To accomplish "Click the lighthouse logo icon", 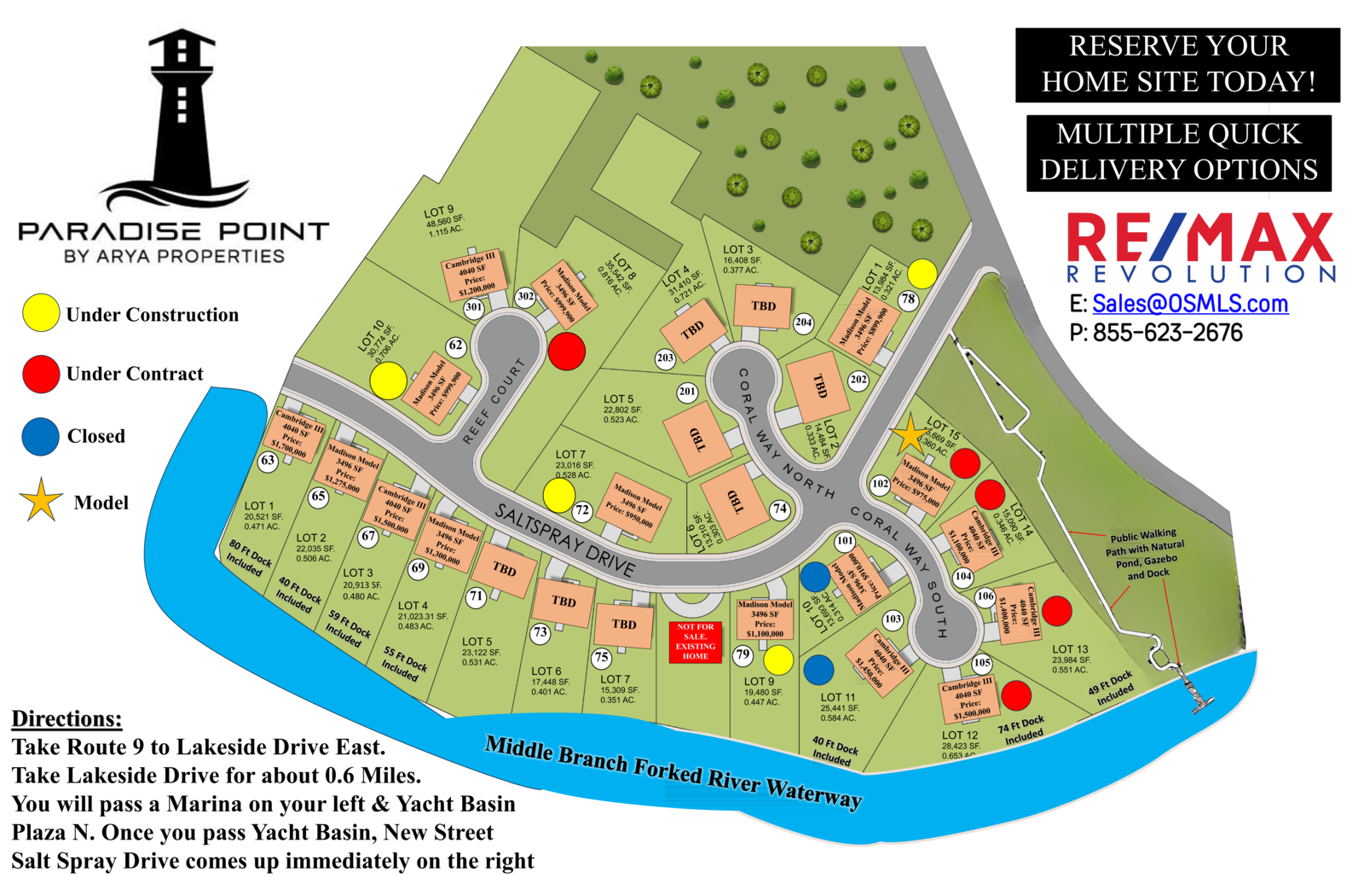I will (x=181, y=119).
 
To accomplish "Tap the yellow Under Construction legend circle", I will (x=41, y=313).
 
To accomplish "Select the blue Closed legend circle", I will (x=40, y=436).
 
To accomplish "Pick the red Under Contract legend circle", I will (x=41, y=375).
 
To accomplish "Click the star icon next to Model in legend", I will (x=41, y=501).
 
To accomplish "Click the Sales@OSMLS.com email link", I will (x=1190, y=304).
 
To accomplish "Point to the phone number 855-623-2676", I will (x=1167, y=333).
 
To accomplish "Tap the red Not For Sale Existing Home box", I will (x=695, y=642).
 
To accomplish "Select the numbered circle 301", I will (x=473, y=307).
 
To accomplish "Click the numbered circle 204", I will (x=803, y=323).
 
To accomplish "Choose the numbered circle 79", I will (x=743, y=655).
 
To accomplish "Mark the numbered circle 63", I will (x=269, y=461).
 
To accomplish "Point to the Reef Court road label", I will (x=494, y=401).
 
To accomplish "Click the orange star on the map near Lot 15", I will (x=909, y=435).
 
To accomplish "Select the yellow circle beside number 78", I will (x=922, y=274).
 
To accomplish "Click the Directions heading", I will (x=66, y=719).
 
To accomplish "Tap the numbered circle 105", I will (x=982, y=663).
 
